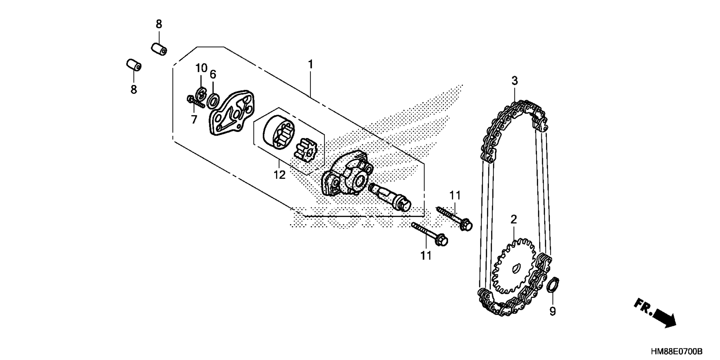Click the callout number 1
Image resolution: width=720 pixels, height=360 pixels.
tap(310, 64)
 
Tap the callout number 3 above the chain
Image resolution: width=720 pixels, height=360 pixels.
tap(514, 81)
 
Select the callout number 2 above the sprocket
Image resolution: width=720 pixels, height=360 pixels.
tap(513, 219)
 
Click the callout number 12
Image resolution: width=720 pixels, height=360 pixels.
tap(279, 174)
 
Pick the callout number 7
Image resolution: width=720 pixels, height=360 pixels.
tap(194, 120)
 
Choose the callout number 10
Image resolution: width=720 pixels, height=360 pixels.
tap(201, 68)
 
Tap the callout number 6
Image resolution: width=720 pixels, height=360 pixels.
tap(213, 74)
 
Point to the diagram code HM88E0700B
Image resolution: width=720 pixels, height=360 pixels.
tap(676, 351)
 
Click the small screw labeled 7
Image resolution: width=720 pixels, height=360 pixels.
tap(195, 101)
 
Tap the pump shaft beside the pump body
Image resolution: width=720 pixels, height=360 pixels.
tap(390, 197)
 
